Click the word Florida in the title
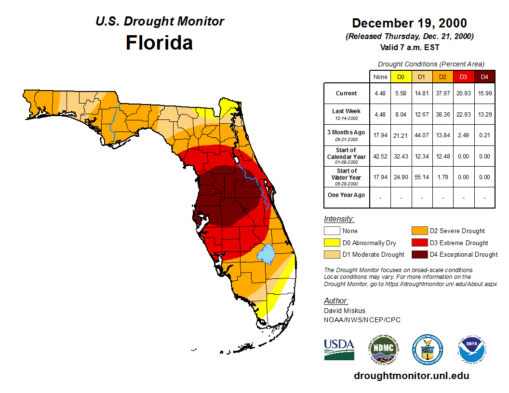(159, 43)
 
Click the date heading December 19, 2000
(409, 23)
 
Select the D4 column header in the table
(484, 77)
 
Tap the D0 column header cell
(401, 77)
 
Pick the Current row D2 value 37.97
(442, 93)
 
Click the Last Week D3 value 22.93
(464, 114)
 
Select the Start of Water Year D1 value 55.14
(422, 177)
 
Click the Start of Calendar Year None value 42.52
(380, 156)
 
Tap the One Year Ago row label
(346, 195)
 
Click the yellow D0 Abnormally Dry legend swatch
(331, 243)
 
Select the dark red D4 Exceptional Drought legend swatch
(419, 254)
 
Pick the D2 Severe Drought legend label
(457, 231)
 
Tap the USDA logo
(339, 349)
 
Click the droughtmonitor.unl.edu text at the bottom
(411, 376)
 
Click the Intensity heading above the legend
(339, 219)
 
